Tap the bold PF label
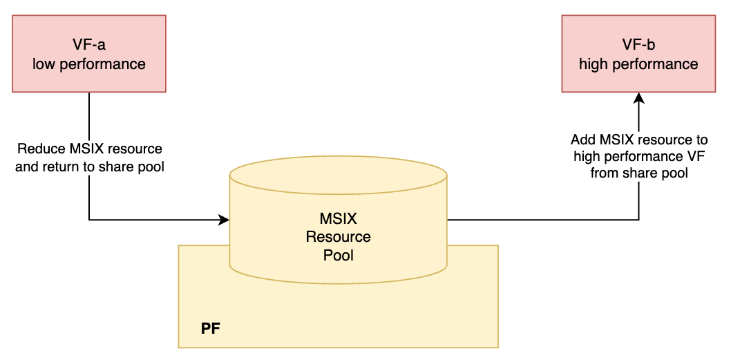click(211, 328)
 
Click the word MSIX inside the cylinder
click(338, 219)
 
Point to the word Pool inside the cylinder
click(338, 255)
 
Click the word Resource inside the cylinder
click(338, 237)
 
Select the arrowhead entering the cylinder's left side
click(224, 220)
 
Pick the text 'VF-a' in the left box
click(89, 46)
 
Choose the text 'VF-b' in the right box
click(638, 46)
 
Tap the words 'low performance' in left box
click(89, 64)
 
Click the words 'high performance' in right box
click(638, 64)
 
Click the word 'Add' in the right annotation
click(582, 140)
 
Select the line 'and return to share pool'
click(89, 167)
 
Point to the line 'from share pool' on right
click(639, 173)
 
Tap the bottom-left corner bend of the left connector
click(89, 220)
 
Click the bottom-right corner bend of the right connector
click(638, 220)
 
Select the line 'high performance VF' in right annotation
click(639, 157)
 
